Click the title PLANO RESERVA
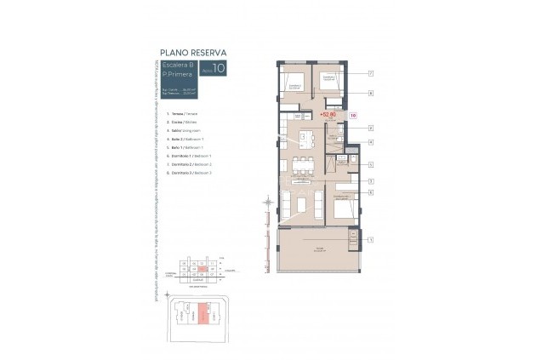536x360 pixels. click(192, 53)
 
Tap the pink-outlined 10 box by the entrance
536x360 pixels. click(352, 113)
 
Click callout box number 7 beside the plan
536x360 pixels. click(371, 74)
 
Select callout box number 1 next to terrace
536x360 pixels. click(371, 241)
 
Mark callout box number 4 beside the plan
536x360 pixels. click(371, 141)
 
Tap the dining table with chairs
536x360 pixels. click(299, 164)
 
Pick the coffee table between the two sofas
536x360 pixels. click(303, 204)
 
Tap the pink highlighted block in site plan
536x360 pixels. click(202, 314)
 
